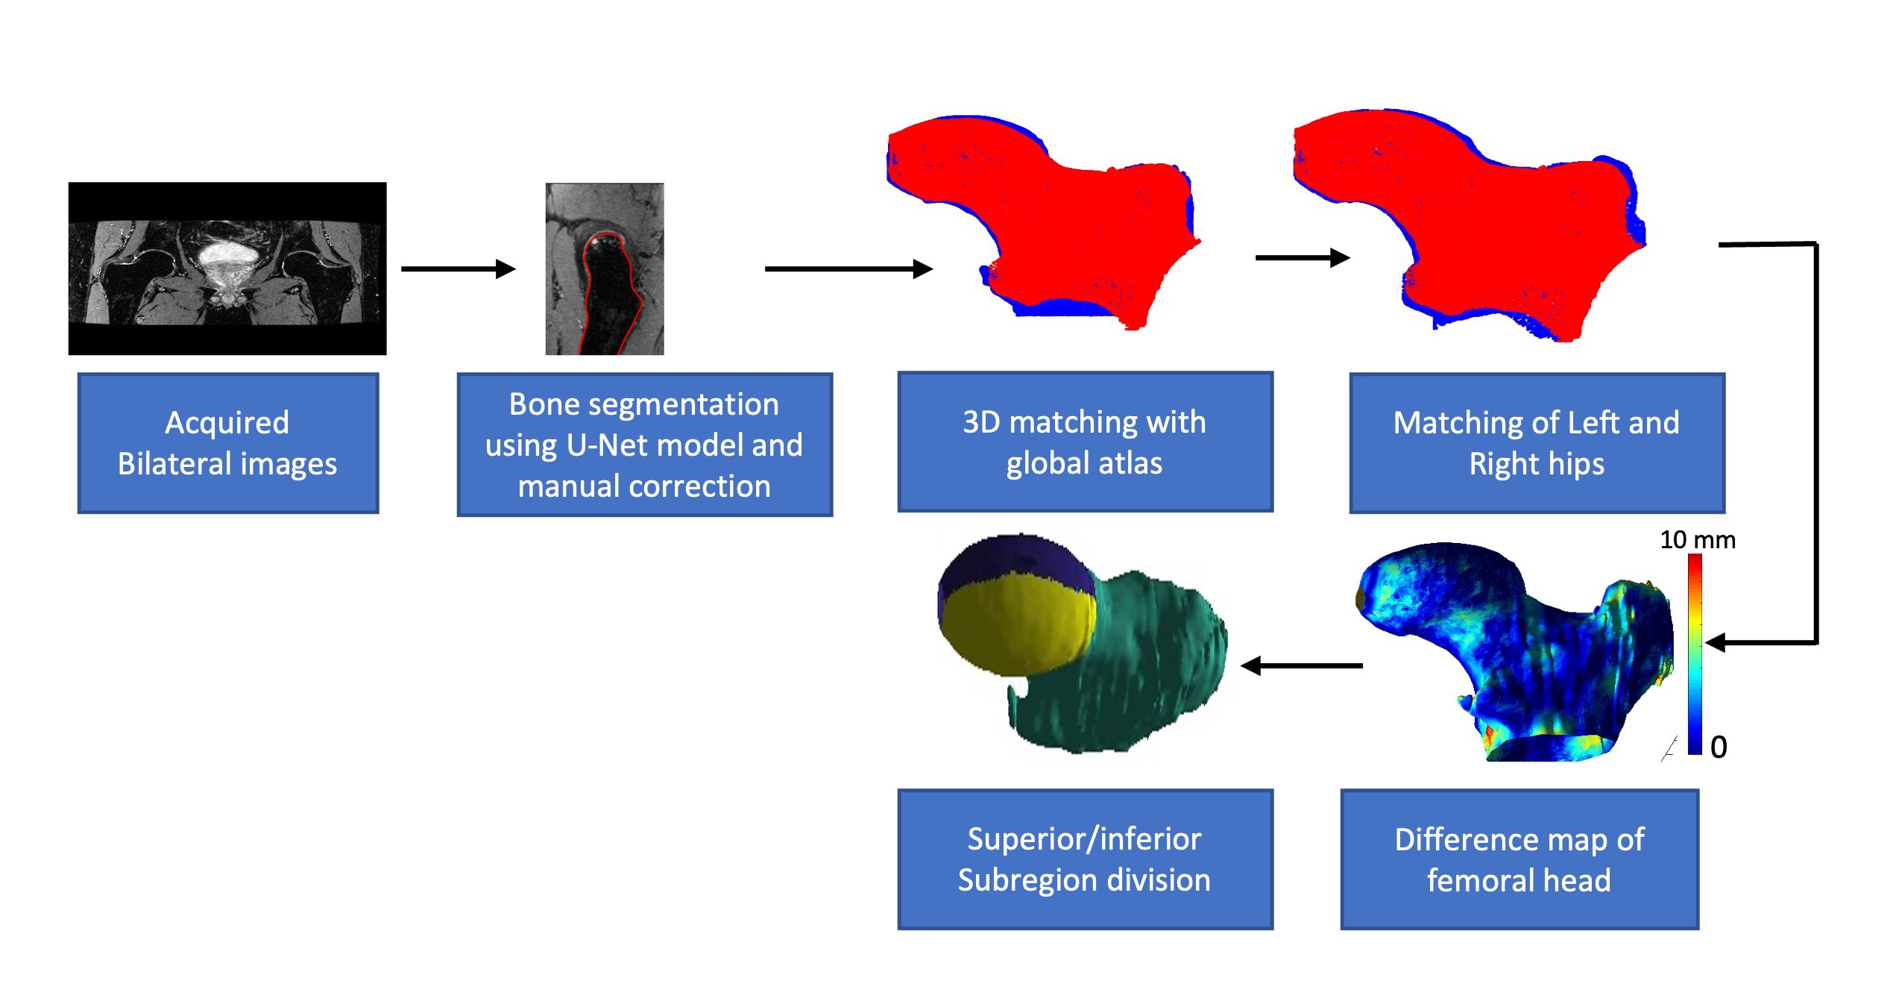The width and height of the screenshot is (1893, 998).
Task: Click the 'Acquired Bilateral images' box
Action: pyautogui.click(x=227, y=443)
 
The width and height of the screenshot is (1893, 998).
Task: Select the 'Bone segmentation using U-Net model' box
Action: pyautogui.click(x=644, y=445)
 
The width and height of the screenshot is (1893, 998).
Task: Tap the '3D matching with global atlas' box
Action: pyautogui.click(x=1084, y=442)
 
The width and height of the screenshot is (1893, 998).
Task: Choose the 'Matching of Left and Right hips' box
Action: pyautogui.click(x=1536, y=443)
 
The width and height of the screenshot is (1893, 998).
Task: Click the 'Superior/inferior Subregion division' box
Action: pyautogui.click(x=1084, y=859)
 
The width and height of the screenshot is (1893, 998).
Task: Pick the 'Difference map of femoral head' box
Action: pyautogui.click(x=1519, y=860)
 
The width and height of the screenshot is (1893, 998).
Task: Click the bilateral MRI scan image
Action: pyautogui.click(x=227, y=268)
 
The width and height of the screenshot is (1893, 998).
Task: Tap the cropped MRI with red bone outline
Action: pyautogui.click(x=604, y=269)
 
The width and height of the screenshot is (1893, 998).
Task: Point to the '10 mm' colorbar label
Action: pyautogui.click(x=1697, y=539)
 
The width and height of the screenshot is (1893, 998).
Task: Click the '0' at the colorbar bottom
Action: pyautogui.click(x=1718, y=747)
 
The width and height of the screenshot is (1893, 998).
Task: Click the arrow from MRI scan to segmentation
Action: pyautogui.click(x=458, y=269)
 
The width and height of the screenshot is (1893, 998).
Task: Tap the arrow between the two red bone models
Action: pyautogui.click(x=1302, y=258)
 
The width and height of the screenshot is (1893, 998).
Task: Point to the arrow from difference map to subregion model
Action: pyautogui.click(x=1301, y=665)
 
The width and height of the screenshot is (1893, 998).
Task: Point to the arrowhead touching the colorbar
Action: pyautogui.click(x=1715, y=642)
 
